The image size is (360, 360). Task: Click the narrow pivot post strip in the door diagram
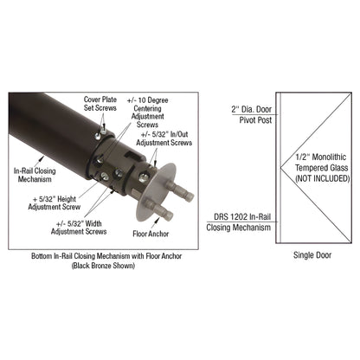click(277, 164)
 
